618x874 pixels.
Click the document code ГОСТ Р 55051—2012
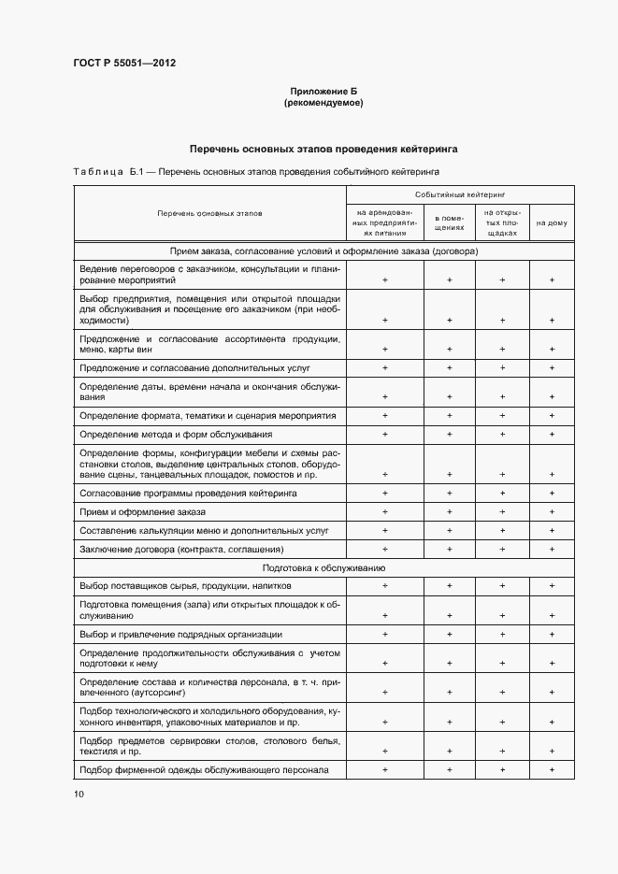click(124, 64)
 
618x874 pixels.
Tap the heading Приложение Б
click(323, 92)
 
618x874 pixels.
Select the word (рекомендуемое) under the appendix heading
click(323, 103)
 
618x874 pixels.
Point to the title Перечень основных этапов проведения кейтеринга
click(323, 149)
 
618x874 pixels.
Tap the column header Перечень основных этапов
click(210, 213)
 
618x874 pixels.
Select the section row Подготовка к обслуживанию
click(324, 568)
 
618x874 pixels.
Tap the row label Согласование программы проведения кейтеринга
click(189, 493)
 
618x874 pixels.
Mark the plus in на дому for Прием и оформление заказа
click(552, 512)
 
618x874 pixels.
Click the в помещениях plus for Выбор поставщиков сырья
click(449, 586)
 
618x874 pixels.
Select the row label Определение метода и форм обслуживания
click(176, 435)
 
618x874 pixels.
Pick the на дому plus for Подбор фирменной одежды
click(552, 770)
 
